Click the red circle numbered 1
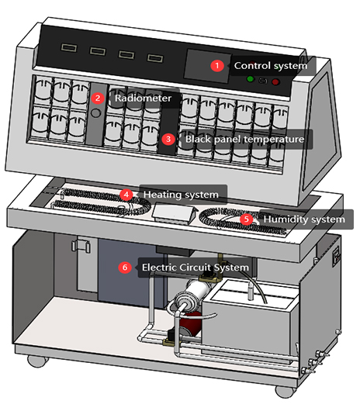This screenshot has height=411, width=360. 217,66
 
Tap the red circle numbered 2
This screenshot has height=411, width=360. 98,98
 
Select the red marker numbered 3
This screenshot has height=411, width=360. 169,140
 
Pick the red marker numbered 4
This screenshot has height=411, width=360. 125,194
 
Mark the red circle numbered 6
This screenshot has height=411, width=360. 125,268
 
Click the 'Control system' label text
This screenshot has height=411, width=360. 270,66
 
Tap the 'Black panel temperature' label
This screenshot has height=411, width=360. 243,140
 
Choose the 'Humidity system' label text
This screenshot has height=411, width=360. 303,219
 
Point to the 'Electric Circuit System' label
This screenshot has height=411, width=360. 195,268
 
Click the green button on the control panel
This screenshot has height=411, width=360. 249,80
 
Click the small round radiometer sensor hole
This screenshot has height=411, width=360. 95,113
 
